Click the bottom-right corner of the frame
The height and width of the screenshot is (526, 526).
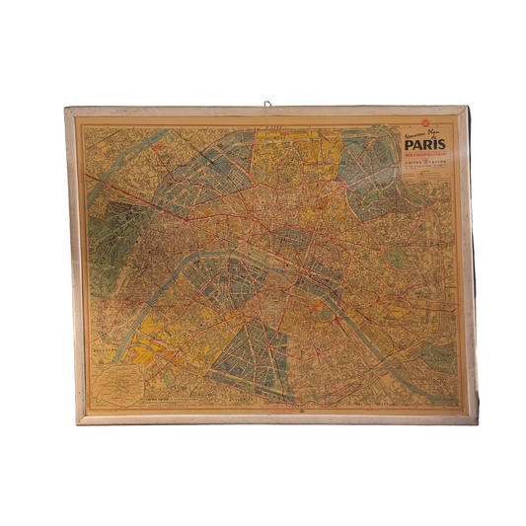click(477, 421)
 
